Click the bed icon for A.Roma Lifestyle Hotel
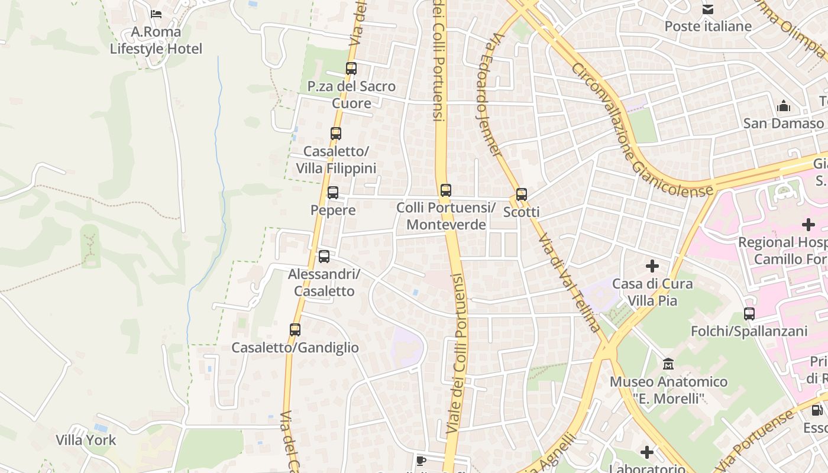click(156, 14)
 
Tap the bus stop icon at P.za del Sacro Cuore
click(351, 69)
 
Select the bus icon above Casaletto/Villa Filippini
click(336, 134)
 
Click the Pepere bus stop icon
click(333, 193)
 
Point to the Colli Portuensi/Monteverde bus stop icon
click(446, 190)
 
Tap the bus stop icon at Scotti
click(522, 195)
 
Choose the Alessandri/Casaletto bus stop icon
click(324, 257)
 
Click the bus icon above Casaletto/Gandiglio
click(295, 330)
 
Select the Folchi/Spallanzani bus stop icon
click(749, 314)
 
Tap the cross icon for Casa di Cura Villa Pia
click(652, 266)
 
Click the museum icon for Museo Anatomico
click(668, 364)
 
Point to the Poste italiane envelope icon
click(708, 9)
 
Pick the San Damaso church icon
click(784, 106)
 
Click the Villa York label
click(86, 440)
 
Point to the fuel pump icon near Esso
click(817, 410)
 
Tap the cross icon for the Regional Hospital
click(808, 225)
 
